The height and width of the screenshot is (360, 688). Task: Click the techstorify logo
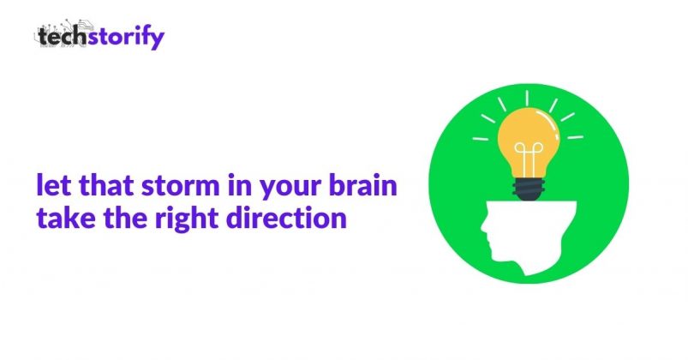[x=99, y=34]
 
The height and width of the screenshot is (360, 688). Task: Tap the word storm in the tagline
[x=180, y=186]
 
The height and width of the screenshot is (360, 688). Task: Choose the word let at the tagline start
[x=53, y=185]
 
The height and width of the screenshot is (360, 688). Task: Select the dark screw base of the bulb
[x=529, y=189]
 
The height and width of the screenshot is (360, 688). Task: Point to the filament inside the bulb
[x=529, y=157]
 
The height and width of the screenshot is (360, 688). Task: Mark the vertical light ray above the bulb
[x=527, y=98]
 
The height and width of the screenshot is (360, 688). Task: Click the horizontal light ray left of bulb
[x=480, y=139]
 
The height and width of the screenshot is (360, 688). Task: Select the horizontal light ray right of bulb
[x=575, y=137]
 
